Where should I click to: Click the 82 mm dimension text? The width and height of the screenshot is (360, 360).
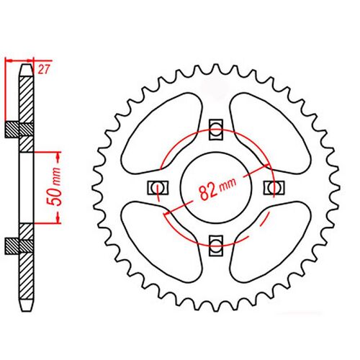click(x=215, y=189)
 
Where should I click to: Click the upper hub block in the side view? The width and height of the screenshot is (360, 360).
click(x=21, y=130)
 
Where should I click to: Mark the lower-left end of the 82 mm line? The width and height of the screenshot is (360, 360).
click(x=166, y=212)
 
